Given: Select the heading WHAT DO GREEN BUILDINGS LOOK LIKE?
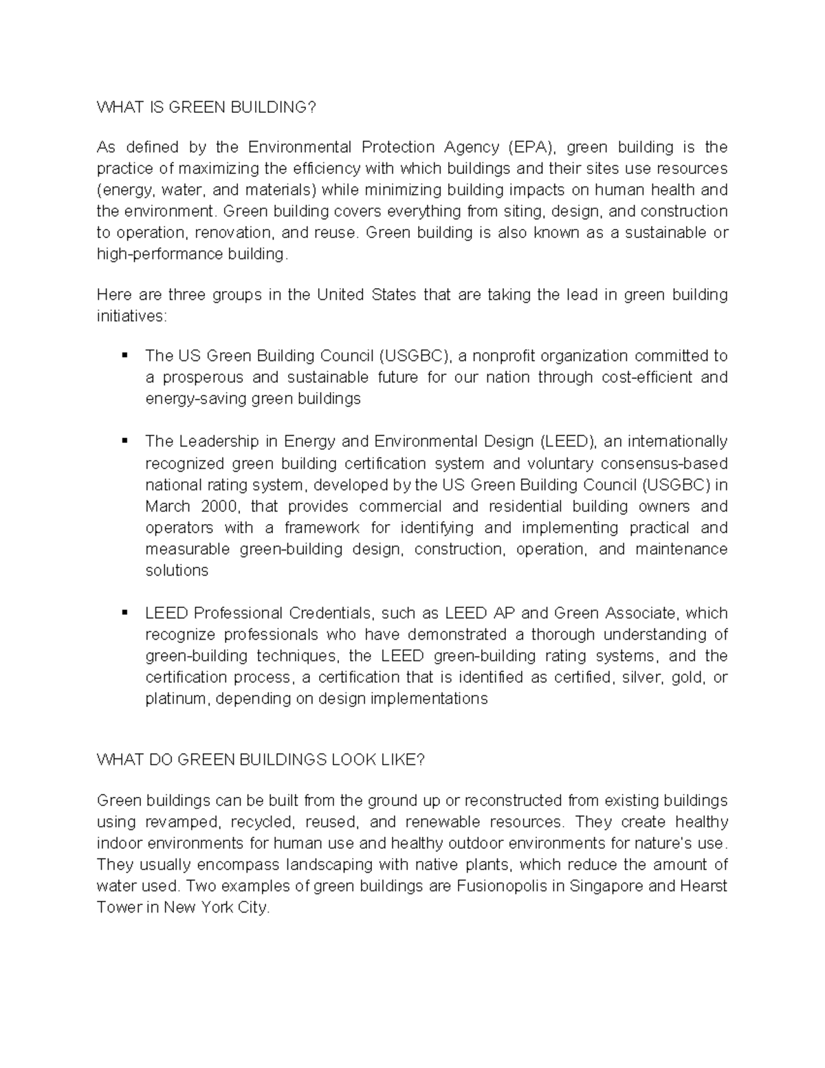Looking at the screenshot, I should click(261, 759).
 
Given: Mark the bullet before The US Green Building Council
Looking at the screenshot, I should click(124, 356).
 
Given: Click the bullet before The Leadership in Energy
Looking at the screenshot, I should click(124, 441).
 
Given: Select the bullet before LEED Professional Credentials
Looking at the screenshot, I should click(124, 612).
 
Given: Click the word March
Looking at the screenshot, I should click(168, 506).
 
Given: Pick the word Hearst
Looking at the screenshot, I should click(703, 886).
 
